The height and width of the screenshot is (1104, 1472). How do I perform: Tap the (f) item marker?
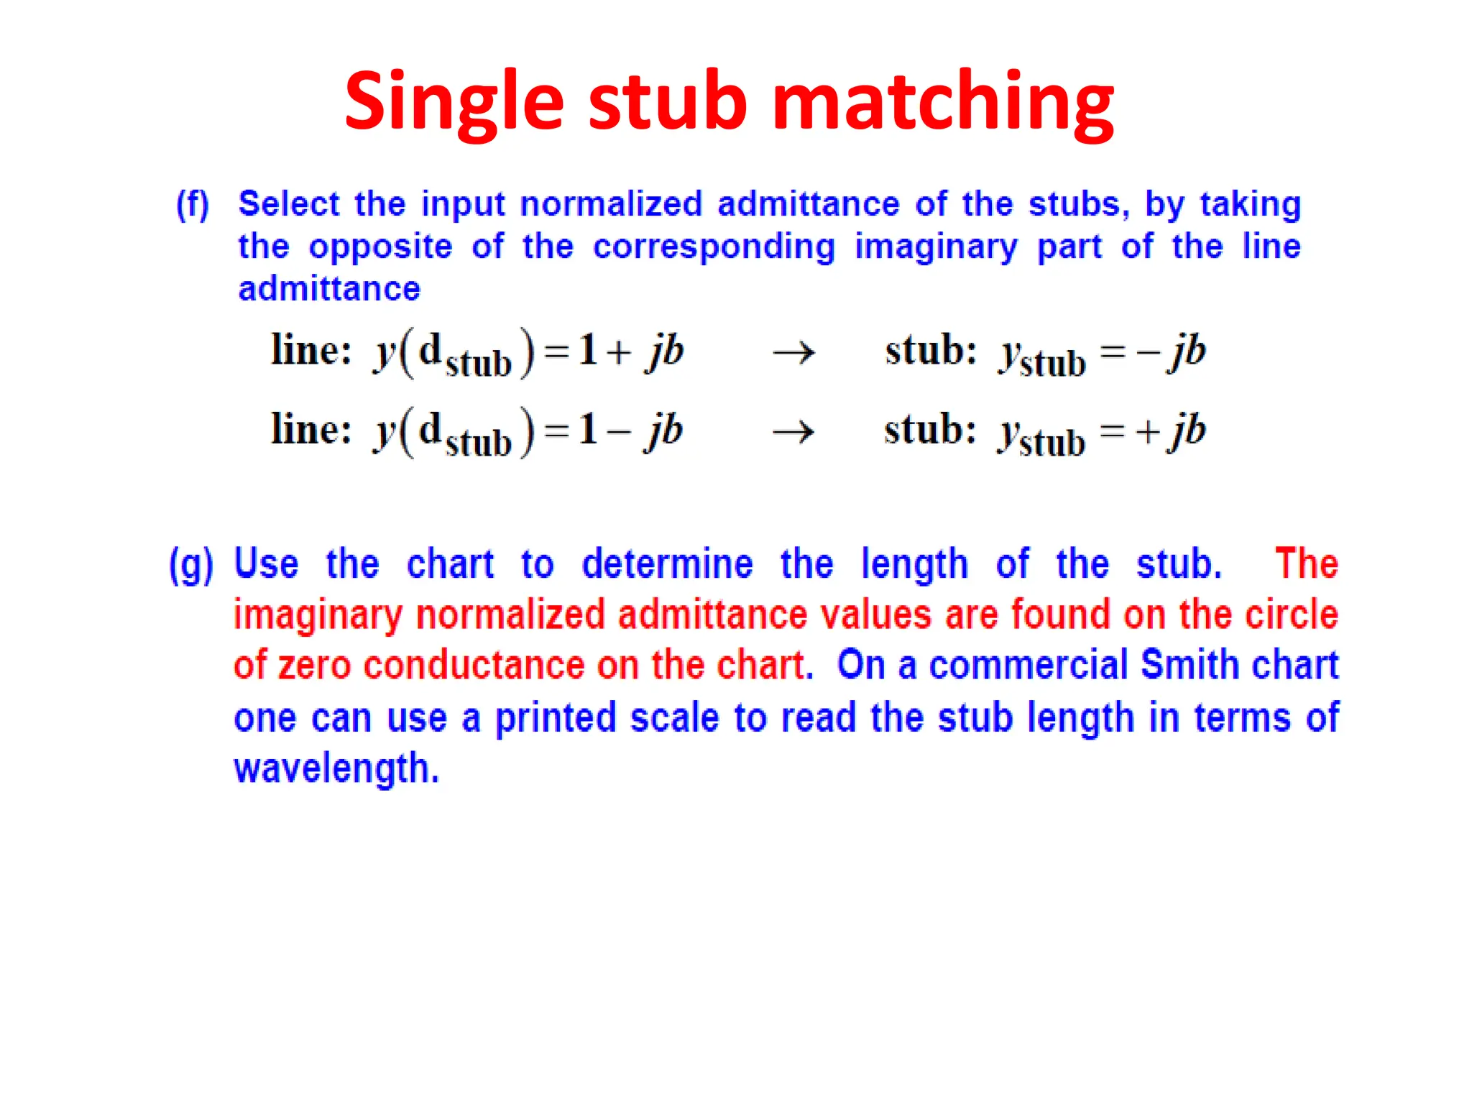click(193, 204)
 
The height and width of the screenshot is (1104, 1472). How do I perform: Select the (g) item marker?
click(190, 565)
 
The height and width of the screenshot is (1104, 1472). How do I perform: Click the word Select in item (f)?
click(288, 204)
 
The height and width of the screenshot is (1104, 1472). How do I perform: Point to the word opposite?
click(380, 247)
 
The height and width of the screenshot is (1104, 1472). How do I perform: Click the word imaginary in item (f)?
click(935, 247)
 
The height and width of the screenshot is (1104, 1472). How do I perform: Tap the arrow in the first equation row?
click(793, 352)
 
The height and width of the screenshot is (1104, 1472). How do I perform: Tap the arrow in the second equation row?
click(793, 432)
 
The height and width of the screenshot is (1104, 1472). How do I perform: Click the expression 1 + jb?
click(631, 351)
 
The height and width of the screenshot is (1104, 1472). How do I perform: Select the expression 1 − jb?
click(630, 431)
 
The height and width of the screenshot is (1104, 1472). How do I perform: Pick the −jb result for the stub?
click(1170, 352)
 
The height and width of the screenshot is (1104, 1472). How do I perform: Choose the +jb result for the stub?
click(1169, 431)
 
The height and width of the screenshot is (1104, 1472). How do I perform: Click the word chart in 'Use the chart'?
click(450, 564)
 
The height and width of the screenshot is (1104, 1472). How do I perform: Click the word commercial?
click(1029, 665)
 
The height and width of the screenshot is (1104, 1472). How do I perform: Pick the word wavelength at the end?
click(336, 769)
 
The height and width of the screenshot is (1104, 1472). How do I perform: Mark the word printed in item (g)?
click(556, 717)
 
